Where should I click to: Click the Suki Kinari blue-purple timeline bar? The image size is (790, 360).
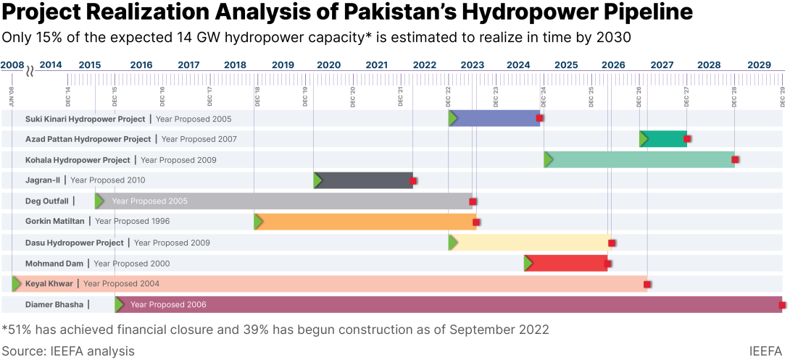[x=496, y=118]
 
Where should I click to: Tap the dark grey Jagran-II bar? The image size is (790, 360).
[x=365, y=180]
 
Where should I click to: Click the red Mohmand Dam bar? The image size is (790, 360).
[x=567, y=263]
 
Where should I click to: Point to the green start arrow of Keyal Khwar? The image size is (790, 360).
[x=17, y=284]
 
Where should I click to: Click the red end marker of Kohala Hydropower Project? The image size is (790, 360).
[x=735, y=159]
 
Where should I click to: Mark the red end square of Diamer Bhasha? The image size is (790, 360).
[x=782, y=305]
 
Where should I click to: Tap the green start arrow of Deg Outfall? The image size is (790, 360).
[x=99, y=201]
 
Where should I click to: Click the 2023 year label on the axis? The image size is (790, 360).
[x=472, y=64]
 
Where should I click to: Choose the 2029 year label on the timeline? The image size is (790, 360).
[x=759, y=64]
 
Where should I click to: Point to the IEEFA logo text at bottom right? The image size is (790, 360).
[x=765, y=351]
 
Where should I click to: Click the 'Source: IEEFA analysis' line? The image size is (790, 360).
[x=68, y=351]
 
